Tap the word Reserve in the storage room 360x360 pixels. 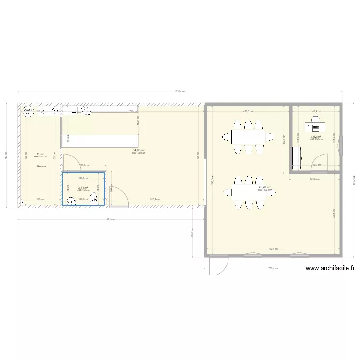[x=40, y=166]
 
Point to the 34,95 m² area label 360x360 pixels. [x=139, y=150]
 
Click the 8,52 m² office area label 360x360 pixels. [x=315, y=137]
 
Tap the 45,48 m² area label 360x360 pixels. [x=264, y=187]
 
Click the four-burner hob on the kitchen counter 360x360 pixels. [x=86, y=111]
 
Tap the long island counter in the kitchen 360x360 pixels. [x=100, y=141]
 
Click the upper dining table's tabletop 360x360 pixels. [x=248, y=137]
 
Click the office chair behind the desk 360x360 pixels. [x=315, y=122]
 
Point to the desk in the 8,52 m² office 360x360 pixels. [x=315, y=128]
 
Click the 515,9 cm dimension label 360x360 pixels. [x=155, y=199]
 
